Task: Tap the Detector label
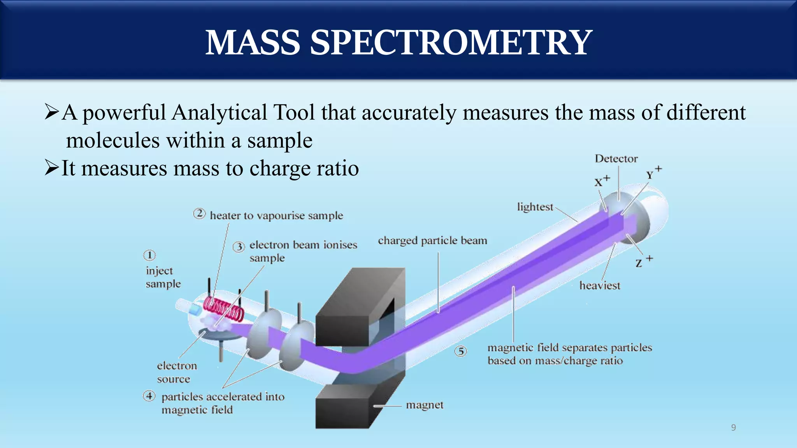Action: point(616,159)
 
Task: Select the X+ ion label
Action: point(602,181)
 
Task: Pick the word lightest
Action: point(535,207)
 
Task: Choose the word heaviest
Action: point(599,285)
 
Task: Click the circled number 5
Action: point(461,352)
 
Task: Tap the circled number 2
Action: point(199,214)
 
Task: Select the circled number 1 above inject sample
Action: point(149,255)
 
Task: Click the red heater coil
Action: point(224,309)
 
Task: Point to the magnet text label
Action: point(425,405)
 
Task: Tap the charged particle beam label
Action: point(432,241)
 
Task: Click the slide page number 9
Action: point(733,428)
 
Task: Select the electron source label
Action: point(177,372)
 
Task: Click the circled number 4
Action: point(149,396)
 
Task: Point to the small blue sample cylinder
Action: point(194,310)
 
